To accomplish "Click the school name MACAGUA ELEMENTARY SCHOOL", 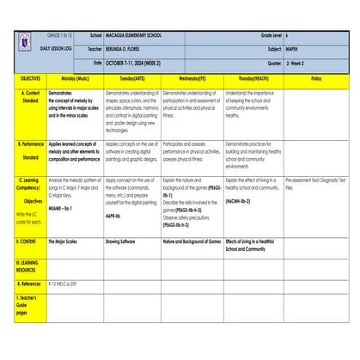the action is [x=143, y=36].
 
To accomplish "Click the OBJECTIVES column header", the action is [x=31, y=77].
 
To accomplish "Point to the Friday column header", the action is [x=315, y=77].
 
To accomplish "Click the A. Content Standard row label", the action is [x=31, y=97].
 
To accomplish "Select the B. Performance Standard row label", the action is [x=31, y=151].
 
